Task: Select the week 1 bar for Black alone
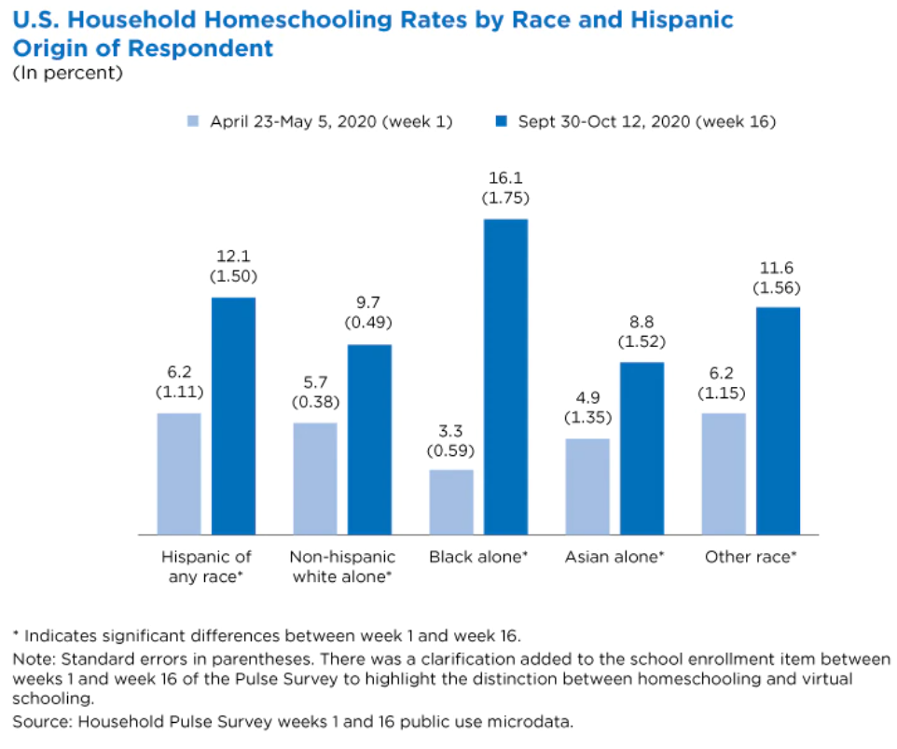point(451,501)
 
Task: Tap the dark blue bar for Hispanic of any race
point(233,415)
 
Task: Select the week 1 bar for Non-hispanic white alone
point(315,478)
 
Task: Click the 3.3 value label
point(451,431)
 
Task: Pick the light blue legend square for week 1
point(194,121)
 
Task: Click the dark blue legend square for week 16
point(502,121)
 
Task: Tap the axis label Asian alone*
point(614,558)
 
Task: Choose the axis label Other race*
point(750,558)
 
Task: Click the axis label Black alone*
point(478,558)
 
